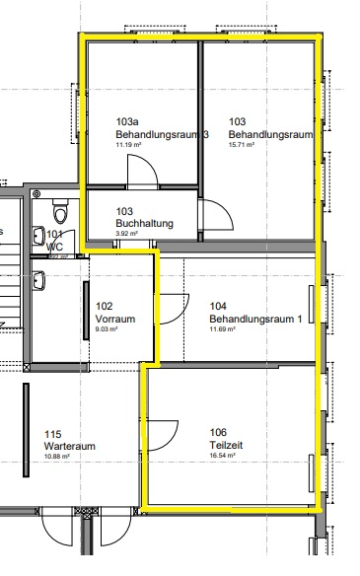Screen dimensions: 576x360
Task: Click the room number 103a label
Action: tap(125, 122)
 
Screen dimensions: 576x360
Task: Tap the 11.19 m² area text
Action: tap(130, 145)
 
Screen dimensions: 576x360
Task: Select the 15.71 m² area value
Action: tap(242, 145)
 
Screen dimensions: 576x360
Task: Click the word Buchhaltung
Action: tap(144, 224)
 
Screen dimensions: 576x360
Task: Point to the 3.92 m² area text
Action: tap(128, 235)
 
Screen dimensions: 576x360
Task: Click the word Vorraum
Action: tap(114, 320)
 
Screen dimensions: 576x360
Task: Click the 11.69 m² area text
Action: tap(223, 330)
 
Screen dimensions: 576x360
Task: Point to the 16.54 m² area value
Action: tap(224, 457)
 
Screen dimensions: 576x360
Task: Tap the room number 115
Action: tap(52, 434)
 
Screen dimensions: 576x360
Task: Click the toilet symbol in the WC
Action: tap(60, 210)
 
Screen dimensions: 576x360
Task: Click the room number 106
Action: tap(218, 433)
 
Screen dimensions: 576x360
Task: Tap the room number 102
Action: tap(104, 307)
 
